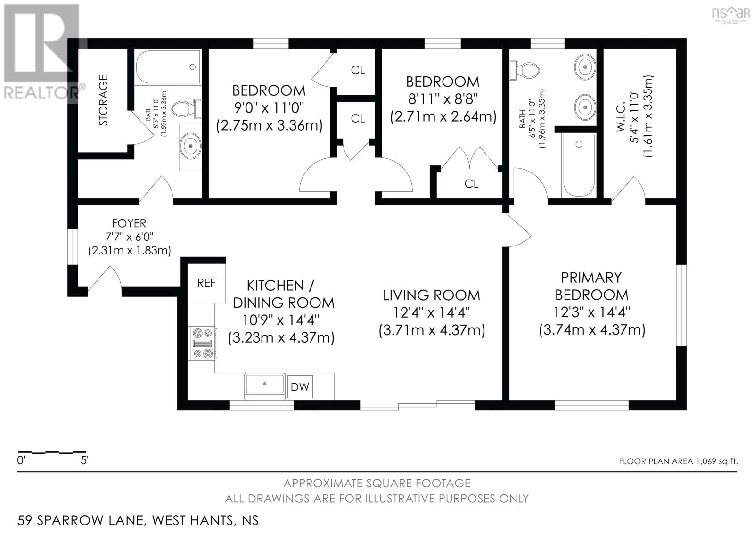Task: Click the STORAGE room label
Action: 103,100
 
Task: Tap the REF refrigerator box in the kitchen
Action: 206,283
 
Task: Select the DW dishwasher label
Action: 300,387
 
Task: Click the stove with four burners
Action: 202,343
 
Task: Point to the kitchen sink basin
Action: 265,384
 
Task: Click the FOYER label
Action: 129,223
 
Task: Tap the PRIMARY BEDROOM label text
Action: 591,286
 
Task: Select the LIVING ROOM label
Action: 432,295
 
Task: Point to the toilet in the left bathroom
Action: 187,109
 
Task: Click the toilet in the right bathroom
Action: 525,71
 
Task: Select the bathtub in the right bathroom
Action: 579,165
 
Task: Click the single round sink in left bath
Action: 190,146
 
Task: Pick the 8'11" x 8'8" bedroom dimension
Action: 443,99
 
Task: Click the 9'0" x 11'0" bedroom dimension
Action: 269,108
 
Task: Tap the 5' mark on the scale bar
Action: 84,460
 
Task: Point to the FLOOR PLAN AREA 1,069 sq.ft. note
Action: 678,461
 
